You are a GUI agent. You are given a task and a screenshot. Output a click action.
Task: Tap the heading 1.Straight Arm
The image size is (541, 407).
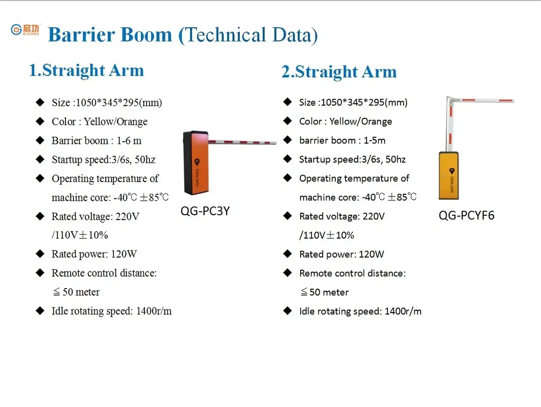pos(86,70)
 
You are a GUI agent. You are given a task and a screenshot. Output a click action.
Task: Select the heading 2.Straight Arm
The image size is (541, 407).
pos(339,72)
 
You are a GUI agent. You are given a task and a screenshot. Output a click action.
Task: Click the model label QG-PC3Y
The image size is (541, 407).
pos(205,210)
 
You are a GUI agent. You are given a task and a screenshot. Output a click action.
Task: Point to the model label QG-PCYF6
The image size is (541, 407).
pos(466,215)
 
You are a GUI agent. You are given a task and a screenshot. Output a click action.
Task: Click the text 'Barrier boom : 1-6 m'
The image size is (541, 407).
pos(96,141)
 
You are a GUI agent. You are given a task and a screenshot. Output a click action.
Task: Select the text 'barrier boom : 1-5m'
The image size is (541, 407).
pos(342,140)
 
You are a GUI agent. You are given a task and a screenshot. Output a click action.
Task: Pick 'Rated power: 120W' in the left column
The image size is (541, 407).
pos(94,254)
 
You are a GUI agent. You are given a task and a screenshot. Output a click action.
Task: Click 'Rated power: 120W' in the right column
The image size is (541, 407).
pos(341,254)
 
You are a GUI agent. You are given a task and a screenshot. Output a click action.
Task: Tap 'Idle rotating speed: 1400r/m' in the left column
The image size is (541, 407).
pos(111,311)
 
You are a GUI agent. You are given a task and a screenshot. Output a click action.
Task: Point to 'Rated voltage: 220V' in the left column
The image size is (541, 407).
pos(95,216)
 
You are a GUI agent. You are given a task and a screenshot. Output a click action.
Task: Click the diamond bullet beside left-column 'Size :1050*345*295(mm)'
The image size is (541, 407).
pos(40,103)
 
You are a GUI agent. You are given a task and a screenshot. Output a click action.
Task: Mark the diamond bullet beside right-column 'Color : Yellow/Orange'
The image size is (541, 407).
pos(288,121)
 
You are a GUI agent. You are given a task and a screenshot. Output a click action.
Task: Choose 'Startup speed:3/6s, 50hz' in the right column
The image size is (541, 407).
pos(352,160)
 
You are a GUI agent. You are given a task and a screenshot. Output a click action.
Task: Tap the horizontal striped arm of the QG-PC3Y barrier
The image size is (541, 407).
pos(243,141)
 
